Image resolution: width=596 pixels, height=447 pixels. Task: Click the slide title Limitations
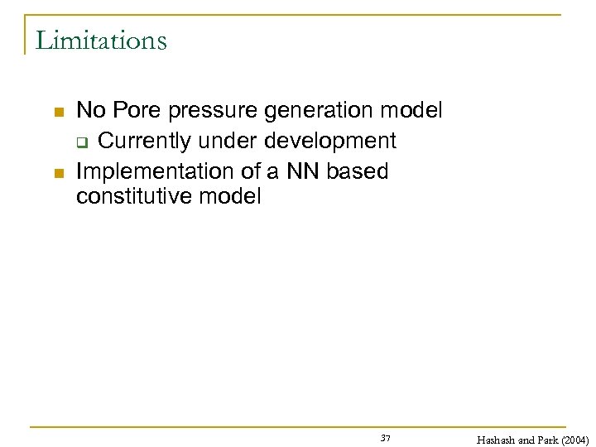click(101, 40)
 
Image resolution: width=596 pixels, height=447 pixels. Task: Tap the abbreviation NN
click(304, 171)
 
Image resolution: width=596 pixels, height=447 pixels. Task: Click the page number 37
click(386, 437)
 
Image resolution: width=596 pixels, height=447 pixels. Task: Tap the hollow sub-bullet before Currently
click(81, 142)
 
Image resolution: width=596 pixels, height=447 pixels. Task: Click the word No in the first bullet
click(89, 110)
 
